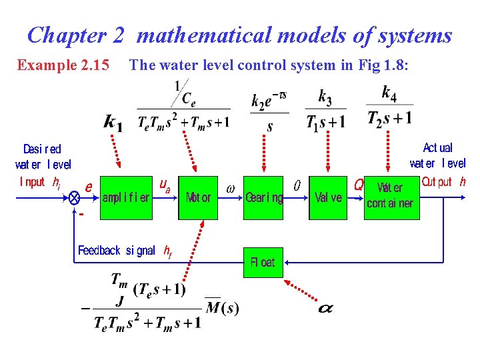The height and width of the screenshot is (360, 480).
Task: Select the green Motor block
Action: pos(198,197)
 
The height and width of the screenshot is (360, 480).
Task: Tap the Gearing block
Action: pos(263,197)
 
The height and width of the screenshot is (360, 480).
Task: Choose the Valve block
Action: pos(327,197)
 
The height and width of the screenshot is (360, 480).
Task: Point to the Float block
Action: pos(263,262)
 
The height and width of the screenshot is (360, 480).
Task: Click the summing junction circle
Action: pos(75,198)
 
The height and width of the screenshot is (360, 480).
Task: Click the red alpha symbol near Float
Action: pos(325,309)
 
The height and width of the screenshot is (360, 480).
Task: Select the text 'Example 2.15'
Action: pos(63,65)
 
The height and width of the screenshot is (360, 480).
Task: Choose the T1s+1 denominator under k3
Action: pos(326,122)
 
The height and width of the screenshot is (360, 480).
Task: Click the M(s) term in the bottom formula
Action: pos(222,307)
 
